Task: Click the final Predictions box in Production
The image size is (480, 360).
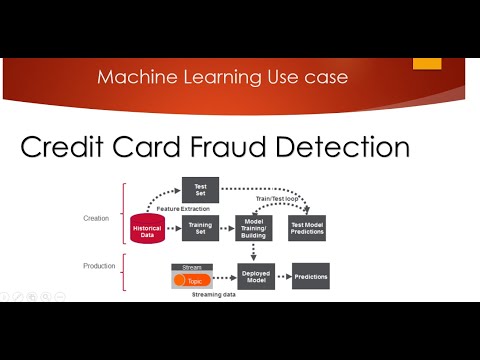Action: [311, 277]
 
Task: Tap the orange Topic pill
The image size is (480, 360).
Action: [188, 281]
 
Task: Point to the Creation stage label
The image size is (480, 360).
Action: [96, 218]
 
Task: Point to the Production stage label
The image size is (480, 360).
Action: [98, 266]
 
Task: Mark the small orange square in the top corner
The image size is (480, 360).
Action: [427, 63]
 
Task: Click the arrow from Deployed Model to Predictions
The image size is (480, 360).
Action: [283, 277]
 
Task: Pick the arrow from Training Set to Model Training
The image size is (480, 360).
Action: [226, 228]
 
